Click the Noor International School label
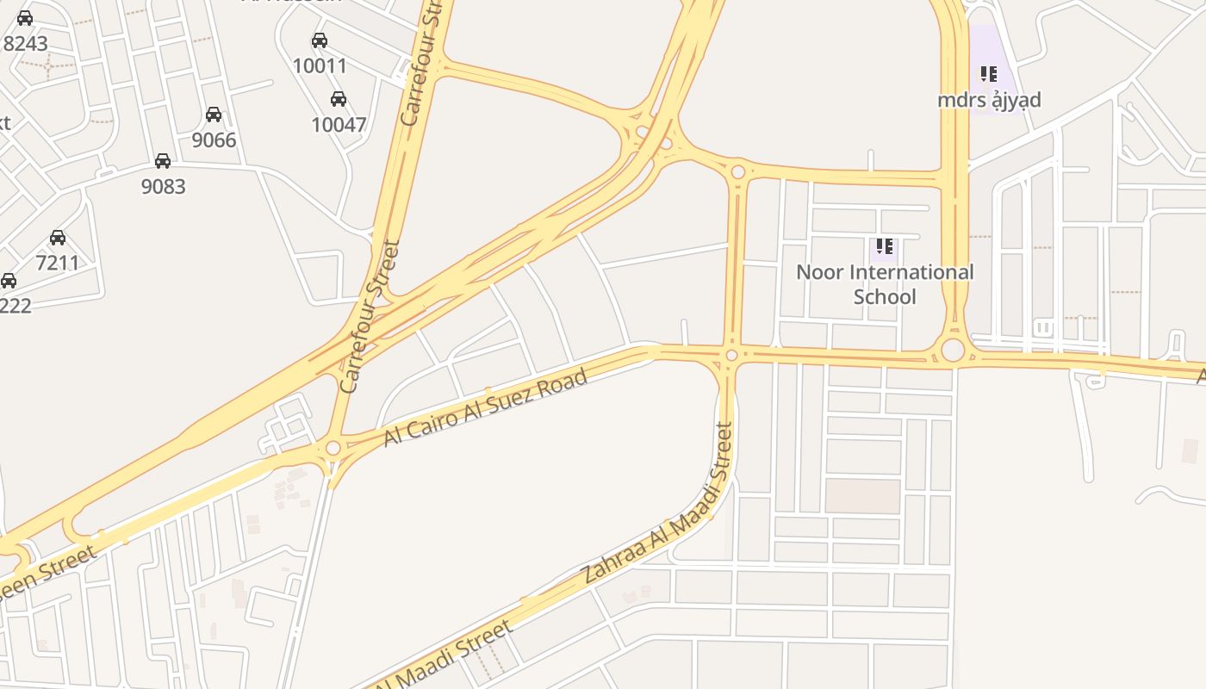pyautogui.click(x=885, y=284)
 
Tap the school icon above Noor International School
pyautogui.click(x=884, y=247)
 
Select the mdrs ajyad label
pyautogui.click(x=989, y=101)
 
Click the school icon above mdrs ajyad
pyautogui.click(x=988, y=74)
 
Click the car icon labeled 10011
pyautogui.click(x=320, y=40)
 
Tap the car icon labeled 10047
pyautogui.click(x=339, y=99)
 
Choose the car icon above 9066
pyautogui.click(x=214, y=115)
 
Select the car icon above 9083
pyautogui.click(x=162, y=161)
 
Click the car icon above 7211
pyautogui.click(x=58, y=238)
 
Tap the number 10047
pyautogui.click(x=339, y=125)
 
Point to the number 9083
pyautogui.click(x=163, y=186)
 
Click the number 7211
pyautogui.click(x=58, y=263)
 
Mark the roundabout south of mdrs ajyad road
pyautogui.click(x=953, y=351)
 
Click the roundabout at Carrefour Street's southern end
pyautogui.click(x=333, y=449)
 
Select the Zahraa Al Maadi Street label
pyautogui.click(x=658, y=504)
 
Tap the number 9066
pyautogui.click(x=214, y=140)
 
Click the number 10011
pyautogui.click(x=320, y=66)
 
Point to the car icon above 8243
pyautogui.click(x=25, y=18)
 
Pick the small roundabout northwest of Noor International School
pyautogui.click(x=737, y=172)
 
